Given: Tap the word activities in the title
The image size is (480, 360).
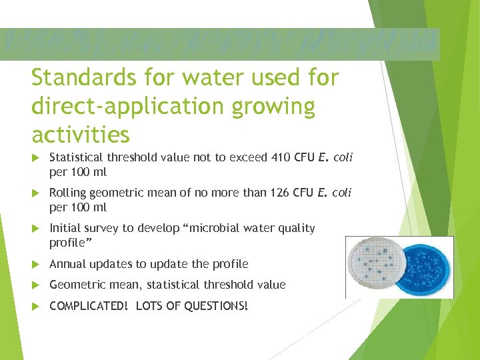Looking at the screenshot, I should [x=81, y=135].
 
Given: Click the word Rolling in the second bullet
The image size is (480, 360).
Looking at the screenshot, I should [x=67, y=193].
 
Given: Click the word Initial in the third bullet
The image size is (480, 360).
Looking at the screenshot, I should [x=65, y=228].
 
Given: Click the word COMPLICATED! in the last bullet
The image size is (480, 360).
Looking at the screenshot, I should [x=89, y=306].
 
